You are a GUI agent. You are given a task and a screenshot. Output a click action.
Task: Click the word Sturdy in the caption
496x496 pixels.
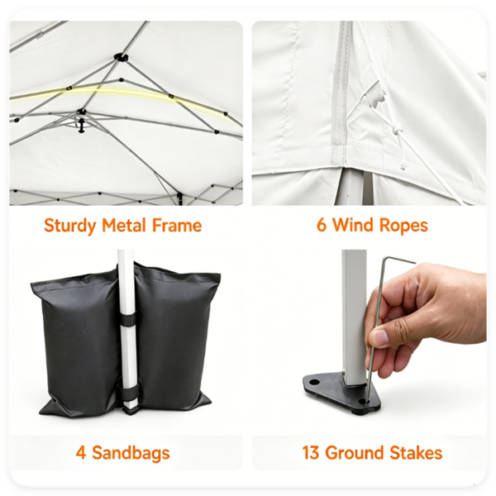[70, 226]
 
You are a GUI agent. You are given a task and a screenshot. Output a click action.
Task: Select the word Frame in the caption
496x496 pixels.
[177, 225]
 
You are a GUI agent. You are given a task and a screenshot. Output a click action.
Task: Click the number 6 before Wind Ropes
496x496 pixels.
[321, 225]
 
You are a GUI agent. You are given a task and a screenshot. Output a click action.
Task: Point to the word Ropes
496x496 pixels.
[403, 226]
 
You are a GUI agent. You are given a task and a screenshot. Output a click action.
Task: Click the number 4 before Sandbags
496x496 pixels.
[81, 453]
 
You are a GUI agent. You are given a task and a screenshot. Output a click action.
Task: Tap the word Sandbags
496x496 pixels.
[131, 453]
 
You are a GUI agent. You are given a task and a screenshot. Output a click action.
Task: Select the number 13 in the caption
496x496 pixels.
[310, 453]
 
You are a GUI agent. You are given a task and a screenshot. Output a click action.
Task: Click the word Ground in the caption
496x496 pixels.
[355, 453]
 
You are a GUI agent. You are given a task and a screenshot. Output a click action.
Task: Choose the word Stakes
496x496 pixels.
[416, 453]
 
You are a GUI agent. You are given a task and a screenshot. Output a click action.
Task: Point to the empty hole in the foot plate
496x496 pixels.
[314, 382]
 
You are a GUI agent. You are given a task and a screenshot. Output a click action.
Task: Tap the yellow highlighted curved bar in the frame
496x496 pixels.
[120, 92]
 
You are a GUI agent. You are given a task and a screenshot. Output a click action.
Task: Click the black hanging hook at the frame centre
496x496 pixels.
[82, 125]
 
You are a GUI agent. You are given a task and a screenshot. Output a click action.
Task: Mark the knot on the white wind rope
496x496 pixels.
[397, 130]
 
